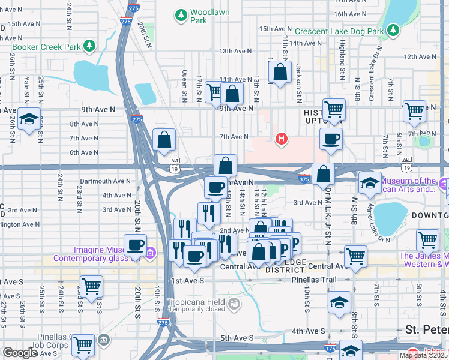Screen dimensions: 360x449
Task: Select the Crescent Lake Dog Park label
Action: click(339, 31)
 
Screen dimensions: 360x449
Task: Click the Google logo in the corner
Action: click(20, 353)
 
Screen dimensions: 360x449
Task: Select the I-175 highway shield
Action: click(330, 347)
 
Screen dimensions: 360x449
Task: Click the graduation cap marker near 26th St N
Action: click(28, 119)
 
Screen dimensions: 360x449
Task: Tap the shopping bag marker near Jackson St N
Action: click(280, 73)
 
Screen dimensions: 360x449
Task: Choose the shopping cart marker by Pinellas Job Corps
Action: click(83, 345)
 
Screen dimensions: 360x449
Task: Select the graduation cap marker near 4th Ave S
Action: click(340, 302)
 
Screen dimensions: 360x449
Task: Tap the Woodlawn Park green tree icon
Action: click(180, 14)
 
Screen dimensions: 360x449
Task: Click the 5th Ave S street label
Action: click(236, 338)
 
